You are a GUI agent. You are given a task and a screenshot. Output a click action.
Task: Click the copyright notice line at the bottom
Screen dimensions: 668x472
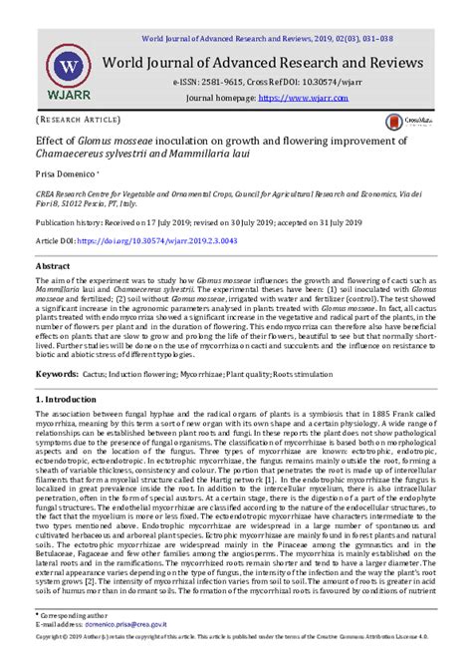coord(236,660)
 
